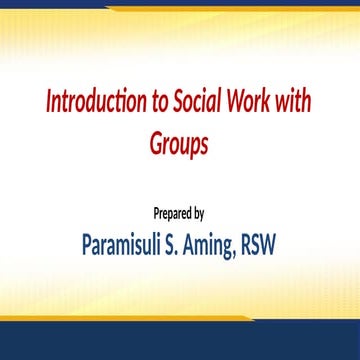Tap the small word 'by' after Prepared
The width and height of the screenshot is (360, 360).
pos(200,213)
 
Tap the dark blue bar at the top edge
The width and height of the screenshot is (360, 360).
pos(180,4)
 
